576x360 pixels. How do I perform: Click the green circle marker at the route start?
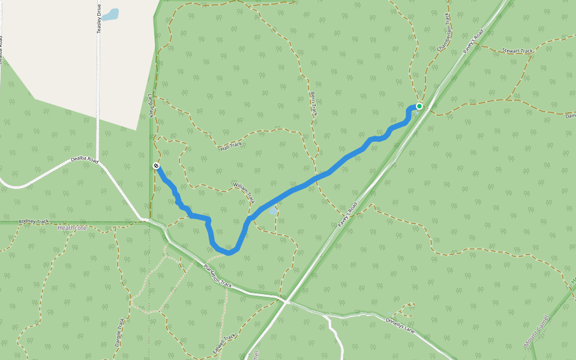click(419, 106)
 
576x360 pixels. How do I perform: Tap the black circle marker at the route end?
click(156, 166)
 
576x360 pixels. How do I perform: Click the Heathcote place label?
click(73, 228)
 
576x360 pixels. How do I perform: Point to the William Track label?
click(244, 193)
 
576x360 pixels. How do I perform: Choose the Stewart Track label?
click(517, 51)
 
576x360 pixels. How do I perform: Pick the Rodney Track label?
click(34, 221)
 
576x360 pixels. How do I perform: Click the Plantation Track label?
click(217, 275)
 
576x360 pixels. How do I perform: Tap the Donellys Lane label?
click(401, 327)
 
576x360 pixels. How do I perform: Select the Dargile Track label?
click(119, 334)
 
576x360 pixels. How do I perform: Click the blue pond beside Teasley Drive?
click(110, 14)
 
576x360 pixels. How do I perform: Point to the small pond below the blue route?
click(273, 211)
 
